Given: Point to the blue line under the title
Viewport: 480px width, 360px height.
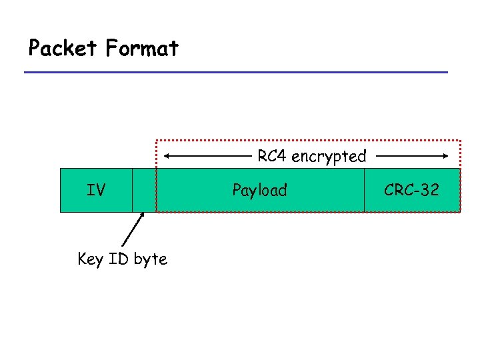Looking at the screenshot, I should (236, 72).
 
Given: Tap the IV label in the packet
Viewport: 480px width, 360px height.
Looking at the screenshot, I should (96, 190).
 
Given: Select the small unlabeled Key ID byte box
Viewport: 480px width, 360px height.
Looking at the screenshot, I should (144, 190).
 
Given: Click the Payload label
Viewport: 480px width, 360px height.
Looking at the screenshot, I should (259, 191).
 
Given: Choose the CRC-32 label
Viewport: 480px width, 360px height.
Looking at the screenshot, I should (411, 190).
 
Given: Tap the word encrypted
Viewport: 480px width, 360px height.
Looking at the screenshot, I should (329, 157).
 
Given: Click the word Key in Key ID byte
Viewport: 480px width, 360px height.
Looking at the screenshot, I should (89, 259).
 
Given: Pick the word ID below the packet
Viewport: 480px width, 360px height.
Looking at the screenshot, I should (118, 259).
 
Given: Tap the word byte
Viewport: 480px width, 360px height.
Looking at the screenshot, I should (150, 259).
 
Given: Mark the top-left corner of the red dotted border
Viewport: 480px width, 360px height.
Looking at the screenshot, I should (157, 140).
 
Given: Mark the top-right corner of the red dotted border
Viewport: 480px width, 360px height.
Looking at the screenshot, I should (460, 140).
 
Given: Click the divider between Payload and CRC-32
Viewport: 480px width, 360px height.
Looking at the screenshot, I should (364, 190).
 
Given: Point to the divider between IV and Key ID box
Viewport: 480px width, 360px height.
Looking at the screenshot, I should (132, 190).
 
